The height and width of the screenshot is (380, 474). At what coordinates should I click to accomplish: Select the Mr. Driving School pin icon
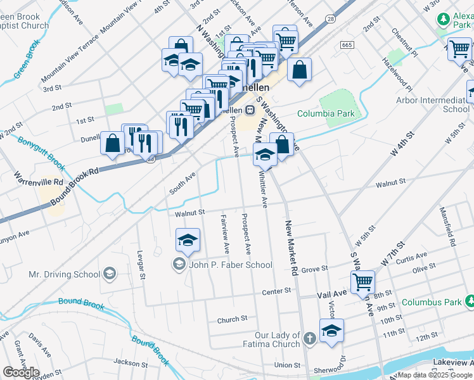(110, 274)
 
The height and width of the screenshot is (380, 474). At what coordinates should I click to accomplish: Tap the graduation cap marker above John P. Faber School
(188, 240)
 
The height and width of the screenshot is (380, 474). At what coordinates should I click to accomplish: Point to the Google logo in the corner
(21, 372)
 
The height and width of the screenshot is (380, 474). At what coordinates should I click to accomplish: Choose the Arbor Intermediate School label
(433, 104)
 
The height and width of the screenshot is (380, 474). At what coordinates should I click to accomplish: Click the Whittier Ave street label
(262, 189)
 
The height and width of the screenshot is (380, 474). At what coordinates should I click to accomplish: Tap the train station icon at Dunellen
(250, 110)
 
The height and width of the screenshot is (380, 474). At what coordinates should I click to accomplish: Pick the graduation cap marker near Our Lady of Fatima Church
(331, 331)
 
